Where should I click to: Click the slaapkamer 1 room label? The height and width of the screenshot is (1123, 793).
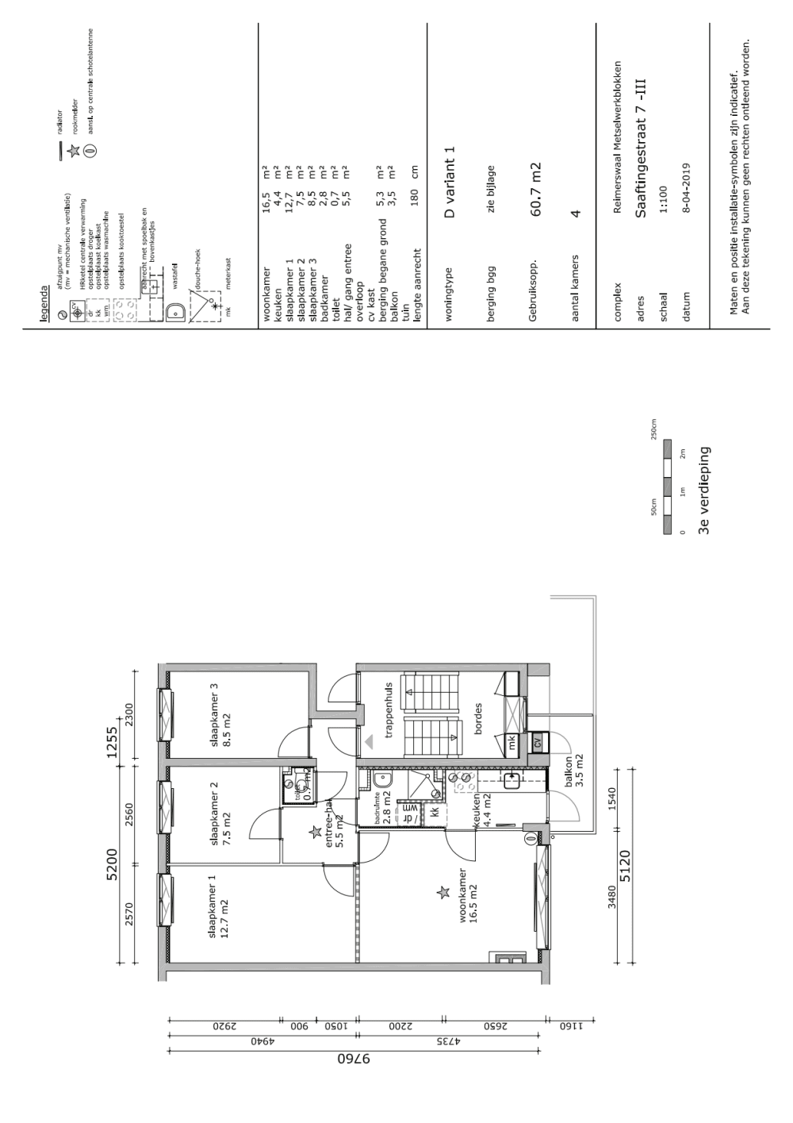coord(217,906)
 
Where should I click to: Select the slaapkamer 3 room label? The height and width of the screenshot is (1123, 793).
coord(219,715)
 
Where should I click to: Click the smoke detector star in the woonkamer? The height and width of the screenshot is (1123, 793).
coord(442,893)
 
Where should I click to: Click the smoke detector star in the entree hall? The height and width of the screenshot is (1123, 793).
coord(315,832)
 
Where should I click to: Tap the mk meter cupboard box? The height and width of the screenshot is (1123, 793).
coord(512,744)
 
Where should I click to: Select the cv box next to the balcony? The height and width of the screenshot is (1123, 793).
coord(537,744)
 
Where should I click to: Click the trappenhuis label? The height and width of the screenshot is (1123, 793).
coord(389,710)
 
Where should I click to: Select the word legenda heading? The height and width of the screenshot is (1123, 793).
coord(46,302)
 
